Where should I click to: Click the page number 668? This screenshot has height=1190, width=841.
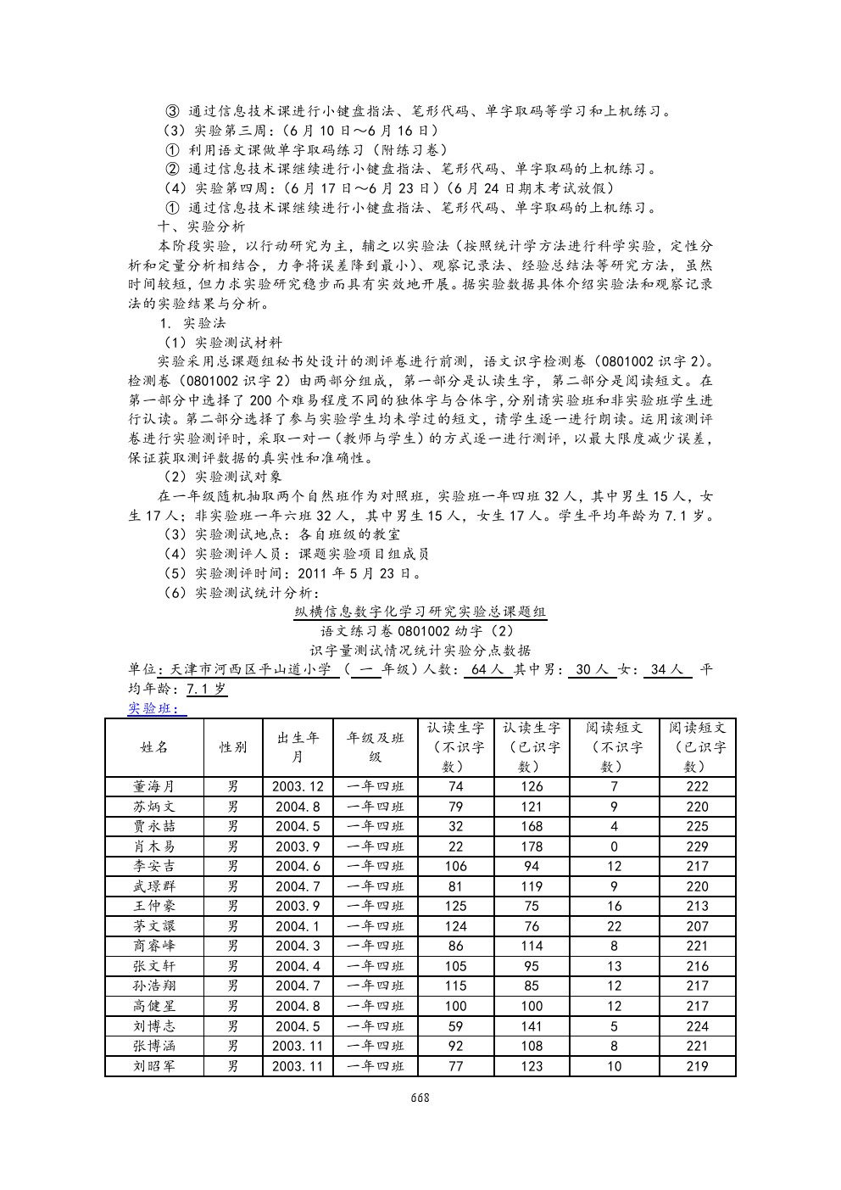(x=420, y=1098)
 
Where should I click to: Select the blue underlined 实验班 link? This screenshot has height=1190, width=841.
(x=157, y=709)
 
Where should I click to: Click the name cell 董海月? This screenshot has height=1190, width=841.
(x=154, y=786)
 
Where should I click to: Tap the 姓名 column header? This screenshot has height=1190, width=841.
(x=154, y=747)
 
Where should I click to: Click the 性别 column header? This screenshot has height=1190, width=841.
(x=233, y=747)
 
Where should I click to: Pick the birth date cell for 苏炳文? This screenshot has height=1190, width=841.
(x=298, y=807)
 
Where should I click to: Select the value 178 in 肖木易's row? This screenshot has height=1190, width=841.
(x=532, y=846)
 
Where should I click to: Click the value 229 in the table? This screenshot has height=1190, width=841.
(x=697, y=846)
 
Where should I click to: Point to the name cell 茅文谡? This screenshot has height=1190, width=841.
(x=154, y=926)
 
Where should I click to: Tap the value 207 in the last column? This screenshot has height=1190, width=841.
(x=697, y=926)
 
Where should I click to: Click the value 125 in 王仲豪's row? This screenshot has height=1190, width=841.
(x=455, y=906)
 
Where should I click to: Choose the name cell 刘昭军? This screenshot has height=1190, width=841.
(x=154, y=1066)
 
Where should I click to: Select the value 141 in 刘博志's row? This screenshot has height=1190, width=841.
(x=532, y=1026)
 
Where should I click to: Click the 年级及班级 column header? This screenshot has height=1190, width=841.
(x=376, y=747)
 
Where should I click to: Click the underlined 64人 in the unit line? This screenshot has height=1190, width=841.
(x=487, y=670)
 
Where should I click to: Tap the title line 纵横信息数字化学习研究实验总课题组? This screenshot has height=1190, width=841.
(x=420, y=612)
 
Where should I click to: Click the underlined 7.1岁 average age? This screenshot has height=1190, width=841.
(x=207, y=690)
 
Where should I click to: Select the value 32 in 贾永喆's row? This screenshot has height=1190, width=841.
(x=455, y=826)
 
